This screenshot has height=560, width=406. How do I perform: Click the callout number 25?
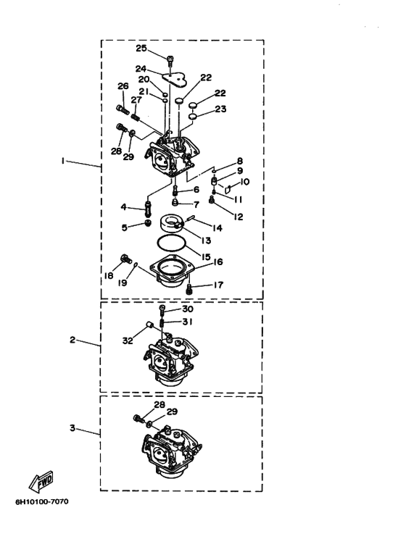click(x=141, y=49)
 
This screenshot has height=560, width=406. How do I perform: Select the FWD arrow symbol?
click(x=41, y=482)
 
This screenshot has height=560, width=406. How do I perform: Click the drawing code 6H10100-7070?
click(x=42, y=502)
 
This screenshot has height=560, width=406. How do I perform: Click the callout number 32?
click(x=128, y=340)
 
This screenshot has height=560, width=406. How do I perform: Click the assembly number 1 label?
click(x=63, y=162)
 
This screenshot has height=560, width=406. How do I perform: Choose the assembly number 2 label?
click(x=72, y=340)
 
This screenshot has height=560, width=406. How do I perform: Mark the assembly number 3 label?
click(x=72, y=427)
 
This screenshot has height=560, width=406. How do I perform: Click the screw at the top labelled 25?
click(x=170, y=59)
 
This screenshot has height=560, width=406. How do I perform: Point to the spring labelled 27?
click(x=135, y=116)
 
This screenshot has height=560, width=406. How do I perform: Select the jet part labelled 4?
click(x=148, y=209)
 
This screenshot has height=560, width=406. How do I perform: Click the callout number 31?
click(x=187, y=322)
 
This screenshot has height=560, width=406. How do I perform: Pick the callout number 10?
click(x=244, y=182)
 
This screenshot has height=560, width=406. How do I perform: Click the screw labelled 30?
click(x=162, y=309)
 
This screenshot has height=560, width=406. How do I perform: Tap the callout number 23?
click(x=220, y=109)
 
